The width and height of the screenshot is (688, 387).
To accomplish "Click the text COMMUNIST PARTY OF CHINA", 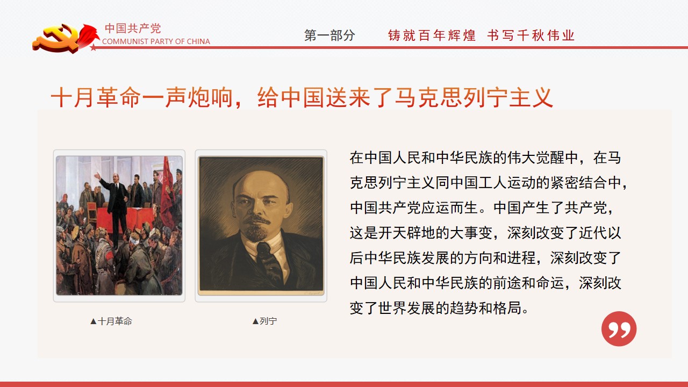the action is pyautogui.click(x=156, y=41).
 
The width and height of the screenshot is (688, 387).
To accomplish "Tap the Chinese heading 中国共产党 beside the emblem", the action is pyautogui.click(x=133, y=28).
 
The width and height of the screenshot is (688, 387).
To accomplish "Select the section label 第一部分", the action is pyautogui.click(x=329, y=35).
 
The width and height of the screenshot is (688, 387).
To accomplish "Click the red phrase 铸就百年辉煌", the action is pyautogui.click(x=432, y=35).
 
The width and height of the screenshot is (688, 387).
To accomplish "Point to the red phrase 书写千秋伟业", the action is pyautogui.click(x=531, y=35).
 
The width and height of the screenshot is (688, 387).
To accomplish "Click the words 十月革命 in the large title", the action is pyautogui.click(x=96, y=97).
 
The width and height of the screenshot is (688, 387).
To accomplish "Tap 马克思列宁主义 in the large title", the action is pyautogui.click(x=474, y=97).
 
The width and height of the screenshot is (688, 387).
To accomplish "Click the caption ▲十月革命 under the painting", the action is pyautogui.click(x=111, y=321).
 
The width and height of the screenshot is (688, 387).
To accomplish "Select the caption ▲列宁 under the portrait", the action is pyautogui.click(x=264, y=321).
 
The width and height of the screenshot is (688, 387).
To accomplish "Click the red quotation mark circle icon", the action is pyautogui.click(x=619, y=329).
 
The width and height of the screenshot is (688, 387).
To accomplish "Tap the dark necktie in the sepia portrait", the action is pyautogui.click(x=269, y=261).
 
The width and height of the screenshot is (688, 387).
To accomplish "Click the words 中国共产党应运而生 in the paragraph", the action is pyautogui.click(x=414, y=208).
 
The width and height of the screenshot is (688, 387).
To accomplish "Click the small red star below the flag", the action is pyautogui.click(x=93, y=47).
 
